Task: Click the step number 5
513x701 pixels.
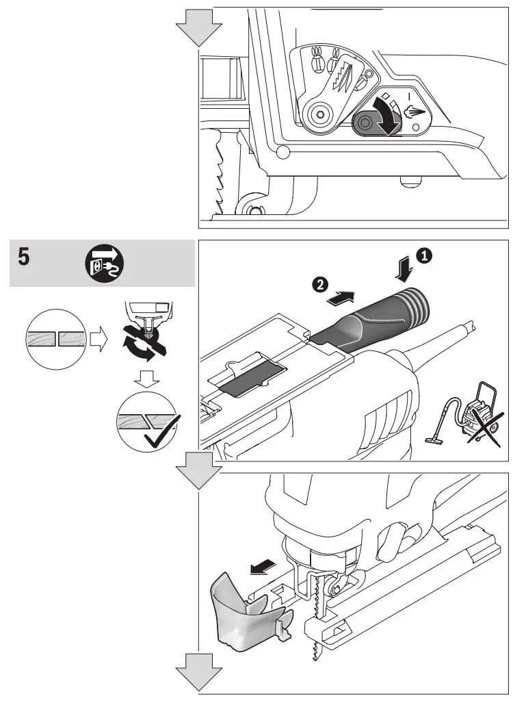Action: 24,259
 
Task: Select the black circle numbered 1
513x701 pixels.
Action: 425,255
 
